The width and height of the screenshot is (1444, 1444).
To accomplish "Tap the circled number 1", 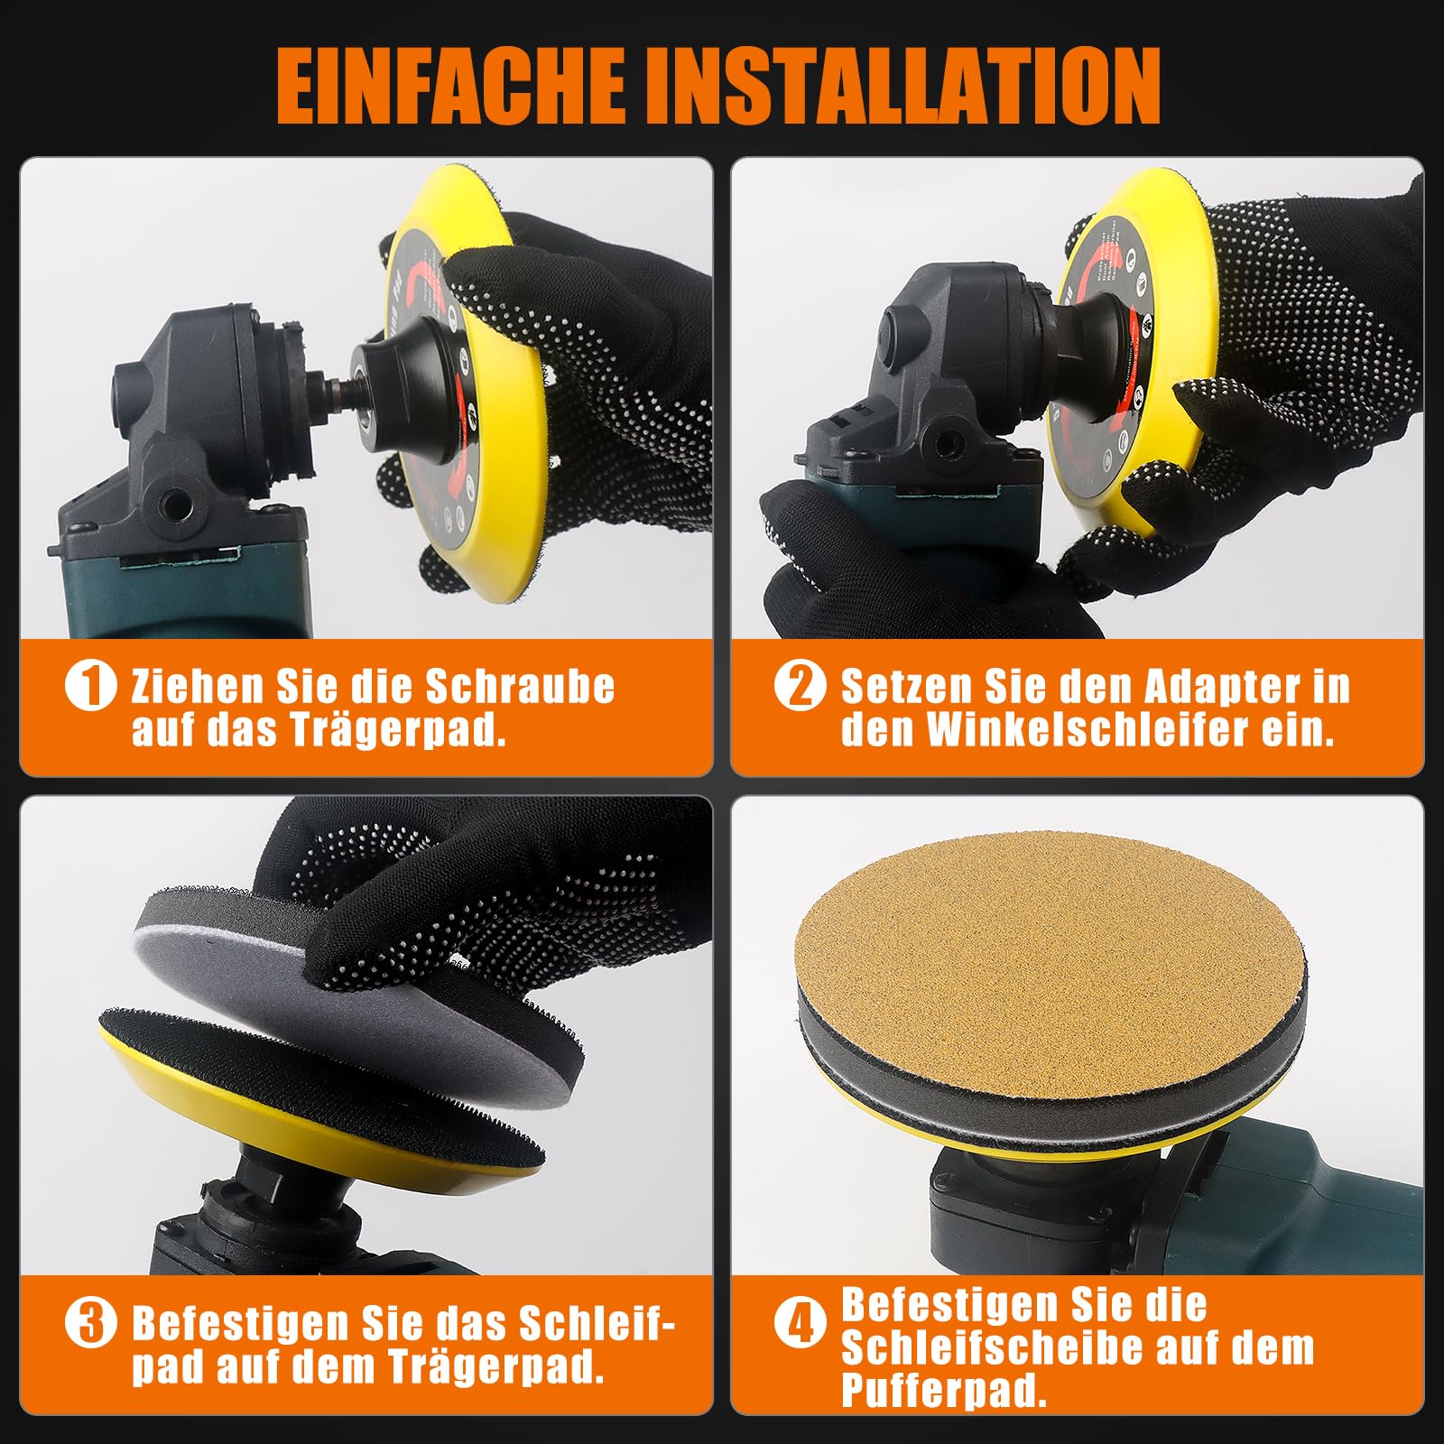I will pos(90,686).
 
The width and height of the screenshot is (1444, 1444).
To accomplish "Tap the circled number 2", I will pos(800,686).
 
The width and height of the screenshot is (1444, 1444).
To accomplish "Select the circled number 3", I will pos(90,1324).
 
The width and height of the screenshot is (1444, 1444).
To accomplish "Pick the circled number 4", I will pos(800,1324).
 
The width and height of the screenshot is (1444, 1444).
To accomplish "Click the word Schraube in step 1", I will pos(520,687).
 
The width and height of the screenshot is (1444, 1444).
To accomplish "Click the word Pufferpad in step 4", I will pos(944,1391).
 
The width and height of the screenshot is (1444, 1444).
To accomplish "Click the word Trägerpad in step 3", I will pos(496,1367).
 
